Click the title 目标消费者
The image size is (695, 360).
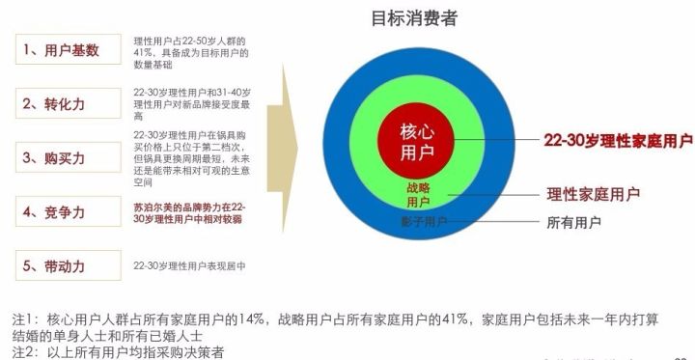pyautogui.click(x=414, y=18)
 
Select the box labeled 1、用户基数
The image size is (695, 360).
pyautogui.click(x=68, y=49)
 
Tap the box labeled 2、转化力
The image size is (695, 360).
pyautogui.click(x=68, y=102)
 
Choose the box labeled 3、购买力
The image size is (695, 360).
pyautogui.click(x=68, y=156)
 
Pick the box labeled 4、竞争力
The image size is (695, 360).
pyautogui.click(x=68, y=210)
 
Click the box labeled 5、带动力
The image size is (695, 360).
pyautogui.click(x=68, y=264)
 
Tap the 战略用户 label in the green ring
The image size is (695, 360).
pyautogui.click(x=418, y=194)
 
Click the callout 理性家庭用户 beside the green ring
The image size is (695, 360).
pyautogui.click(x=593, y=194)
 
